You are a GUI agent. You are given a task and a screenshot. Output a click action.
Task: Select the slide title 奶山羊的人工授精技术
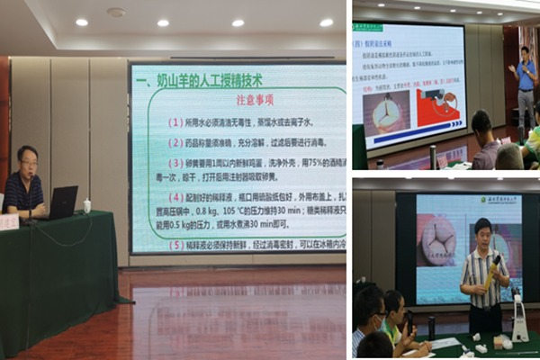(x=207, y=81)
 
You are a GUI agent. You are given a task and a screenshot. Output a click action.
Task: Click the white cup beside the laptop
(x=87, y=206)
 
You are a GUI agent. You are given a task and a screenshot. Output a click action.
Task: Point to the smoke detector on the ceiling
(x=115, y=13)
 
